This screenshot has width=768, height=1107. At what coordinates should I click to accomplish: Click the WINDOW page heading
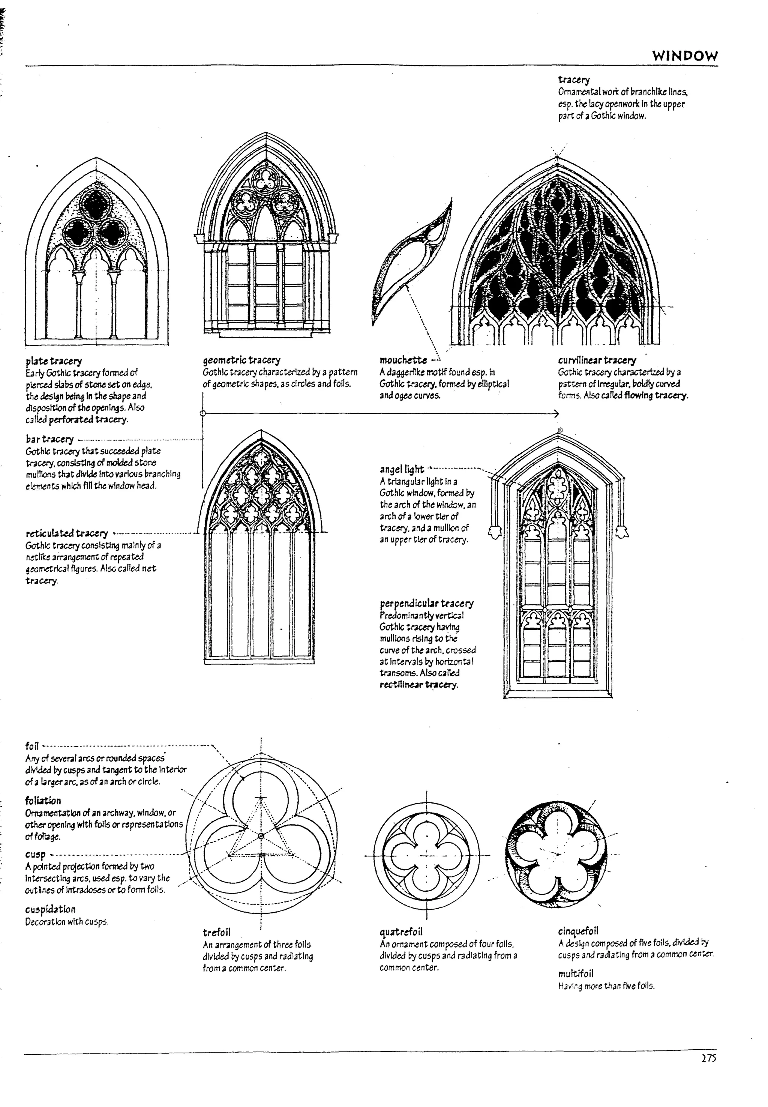[x=684, y=56]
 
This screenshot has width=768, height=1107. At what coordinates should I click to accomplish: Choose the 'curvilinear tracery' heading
[x=597, y=360]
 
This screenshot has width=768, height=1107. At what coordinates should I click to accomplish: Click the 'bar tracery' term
[x=49, y=439]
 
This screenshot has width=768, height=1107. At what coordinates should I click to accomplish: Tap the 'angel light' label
[x=402, y=469]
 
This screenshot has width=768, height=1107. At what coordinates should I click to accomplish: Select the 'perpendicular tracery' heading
[x=426, y=604]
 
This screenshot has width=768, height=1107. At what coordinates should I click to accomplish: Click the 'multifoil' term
[x=576, y=974]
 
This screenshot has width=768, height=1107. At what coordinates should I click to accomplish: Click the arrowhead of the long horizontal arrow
[x=556, y=413]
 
